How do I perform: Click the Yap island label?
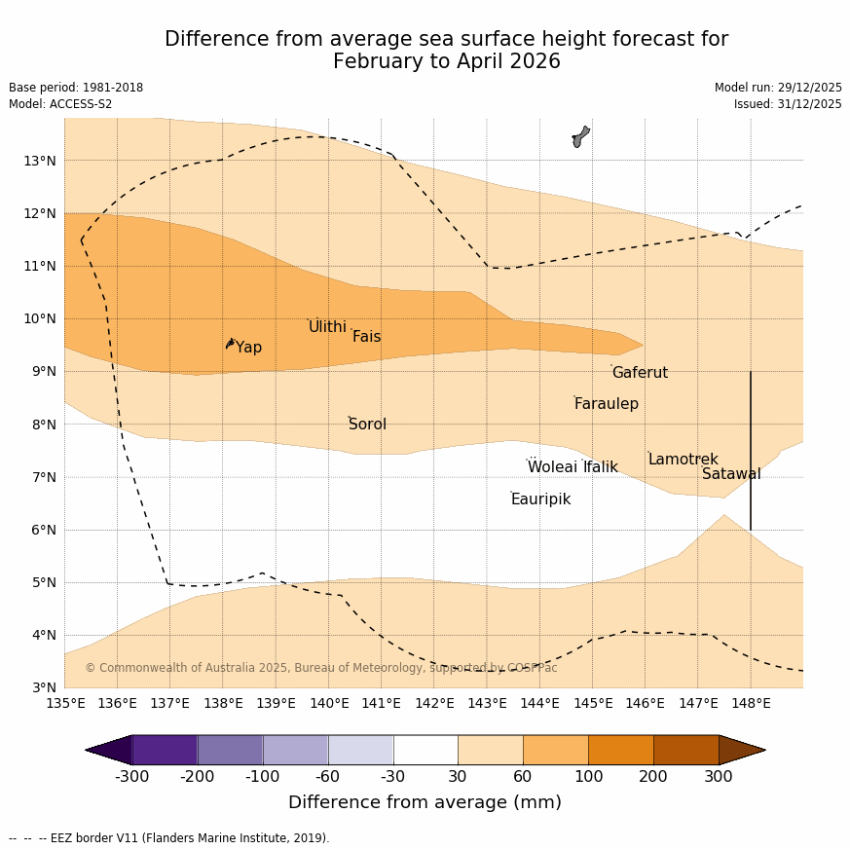248,348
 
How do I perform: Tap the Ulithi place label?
327,327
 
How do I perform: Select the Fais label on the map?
366,337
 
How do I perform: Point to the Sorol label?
367,425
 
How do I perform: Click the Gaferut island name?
640,373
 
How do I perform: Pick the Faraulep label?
606,404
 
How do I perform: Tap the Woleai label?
552,467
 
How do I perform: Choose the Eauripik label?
540,499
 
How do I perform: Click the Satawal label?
731,474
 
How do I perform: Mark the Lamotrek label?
683,460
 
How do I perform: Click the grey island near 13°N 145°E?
580,136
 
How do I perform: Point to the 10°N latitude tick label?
39,318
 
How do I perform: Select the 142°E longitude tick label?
434,703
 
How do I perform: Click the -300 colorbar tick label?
131,777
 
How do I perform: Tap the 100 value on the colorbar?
588,777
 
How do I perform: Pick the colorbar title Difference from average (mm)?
425,802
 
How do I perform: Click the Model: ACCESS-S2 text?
60,104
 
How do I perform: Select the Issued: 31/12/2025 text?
788,104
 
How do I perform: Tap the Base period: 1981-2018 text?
76,88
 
